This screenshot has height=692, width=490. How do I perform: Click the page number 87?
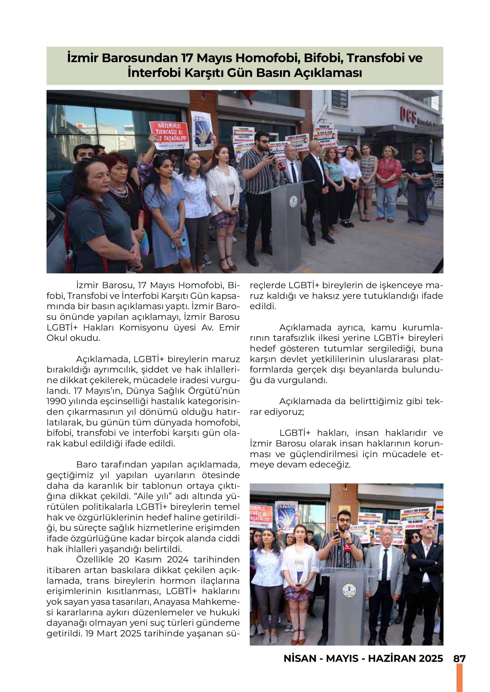click(459, 658)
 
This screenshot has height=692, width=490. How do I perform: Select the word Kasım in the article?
click(148, 559)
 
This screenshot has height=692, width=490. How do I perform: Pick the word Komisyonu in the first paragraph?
click(144, 327)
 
